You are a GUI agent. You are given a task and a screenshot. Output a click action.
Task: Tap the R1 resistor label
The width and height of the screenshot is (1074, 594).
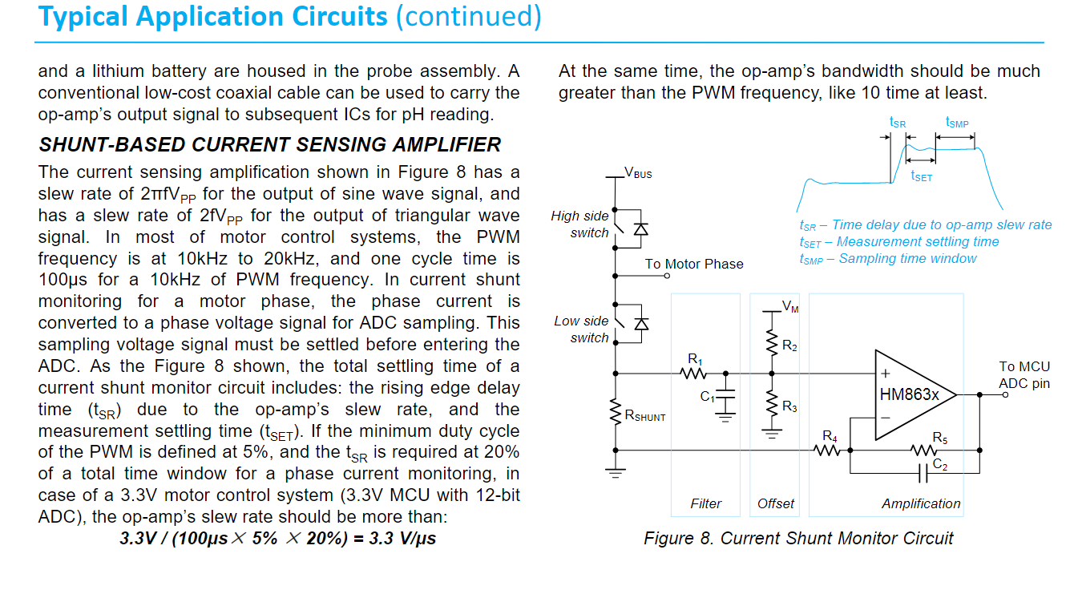(x=694, y=358)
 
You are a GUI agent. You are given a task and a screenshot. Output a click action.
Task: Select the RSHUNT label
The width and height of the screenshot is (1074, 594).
(x=644, y=416)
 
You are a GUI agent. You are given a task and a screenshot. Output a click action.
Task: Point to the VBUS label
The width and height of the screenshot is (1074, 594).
(x=639, y=173)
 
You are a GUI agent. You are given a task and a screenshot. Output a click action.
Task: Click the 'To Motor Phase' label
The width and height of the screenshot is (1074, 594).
(x=694, y=264)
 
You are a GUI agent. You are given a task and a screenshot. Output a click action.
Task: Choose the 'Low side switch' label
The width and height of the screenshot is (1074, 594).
(x=581, y=329)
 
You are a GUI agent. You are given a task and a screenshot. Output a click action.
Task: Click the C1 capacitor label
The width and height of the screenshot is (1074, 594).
(x=707, y=397)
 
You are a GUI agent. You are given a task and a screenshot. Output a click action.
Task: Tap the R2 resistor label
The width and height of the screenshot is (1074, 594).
(x=789, y=346)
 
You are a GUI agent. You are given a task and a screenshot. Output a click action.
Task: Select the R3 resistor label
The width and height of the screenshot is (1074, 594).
(x=789, y=407)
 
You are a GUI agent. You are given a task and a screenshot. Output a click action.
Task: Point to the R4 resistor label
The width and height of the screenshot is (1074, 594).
(x=830, y=436)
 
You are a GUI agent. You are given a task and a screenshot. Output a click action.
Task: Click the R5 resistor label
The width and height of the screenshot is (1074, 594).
(x=940, y=438)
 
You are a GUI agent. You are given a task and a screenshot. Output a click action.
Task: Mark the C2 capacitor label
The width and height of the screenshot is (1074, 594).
(x=941, y=467)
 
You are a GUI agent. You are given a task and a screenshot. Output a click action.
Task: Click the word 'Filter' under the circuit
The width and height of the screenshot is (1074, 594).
(x=705, y=503)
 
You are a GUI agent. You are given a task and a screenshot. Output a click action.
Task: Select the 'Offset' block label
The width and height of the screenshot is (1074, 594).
(x=776, y=503)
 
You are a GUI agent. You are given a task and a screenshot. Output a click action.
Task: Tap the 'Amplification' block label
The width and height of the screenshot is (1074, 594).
(x=921, y=503)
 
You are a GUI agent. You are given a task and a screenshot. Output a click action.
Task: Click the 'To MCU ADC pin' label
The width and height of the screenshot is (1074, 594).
(x=1024, y=375)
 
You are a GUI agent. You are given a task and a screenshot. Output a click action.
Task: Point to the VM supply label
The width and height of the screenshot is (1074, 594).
(x=790, y=305)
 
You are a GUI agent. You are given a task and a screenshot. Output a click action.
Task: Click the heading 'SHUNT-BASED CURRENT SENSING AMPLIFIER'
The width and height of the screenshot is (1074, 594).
(x=270, y=144)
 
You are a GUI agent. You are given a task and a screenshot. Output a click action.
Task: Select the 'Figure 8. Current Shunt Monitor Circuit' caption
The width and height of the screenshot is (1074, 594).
(x=798, y=538)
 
